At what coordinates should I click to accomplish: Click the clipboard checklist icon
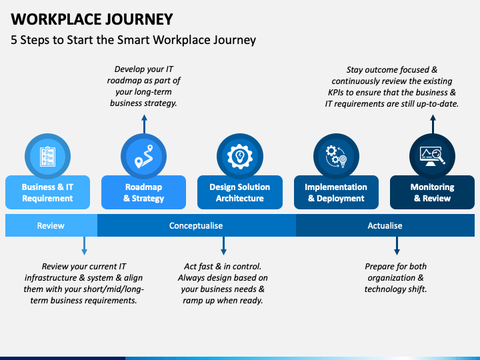[x=48, y=157]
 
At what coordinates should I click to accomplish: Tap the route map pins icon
[x=143, y=157]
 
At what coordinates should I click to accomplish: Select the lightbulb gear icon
[x=240, y=157]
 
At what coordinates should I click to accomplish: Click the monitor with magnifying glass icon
[x=432, y=157]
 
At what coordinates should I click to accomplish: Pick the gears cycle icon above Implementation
[x=336, y=157]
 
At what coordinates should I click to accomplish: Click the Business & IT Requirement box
[x=48, y=192]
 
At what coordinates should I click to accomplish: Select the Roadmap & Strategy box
[x=143, y=192]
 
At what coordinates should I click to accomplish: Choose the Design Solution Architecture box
[x=240, y=192]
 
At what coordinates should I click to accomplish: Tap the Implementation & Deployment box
[x=336, y=192]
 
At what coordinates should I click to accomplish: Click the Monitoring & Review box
[x=432, y=192]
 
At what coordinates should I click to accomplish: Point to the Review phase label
[x=51, y=225]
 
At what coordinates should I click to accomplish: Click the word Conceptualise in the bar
[x=196, y=225]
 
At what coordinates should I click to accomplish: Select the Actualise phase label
[x=385, y=225]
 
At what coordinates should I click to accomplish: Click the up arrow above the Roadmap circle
[x=144, y=124]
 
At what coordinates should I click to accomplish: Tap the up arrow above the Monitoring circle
[x=433, y=124]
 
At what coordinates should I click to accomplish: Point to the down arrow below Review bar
[x=84, y=246]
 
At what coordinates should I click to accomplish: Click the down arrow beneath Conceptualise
[x=223, y=246]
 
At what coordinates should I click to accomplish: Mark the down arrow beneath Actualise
[x=397, y=246]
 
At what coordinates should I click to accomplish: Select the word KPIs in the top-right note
[x=336, y=93]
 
